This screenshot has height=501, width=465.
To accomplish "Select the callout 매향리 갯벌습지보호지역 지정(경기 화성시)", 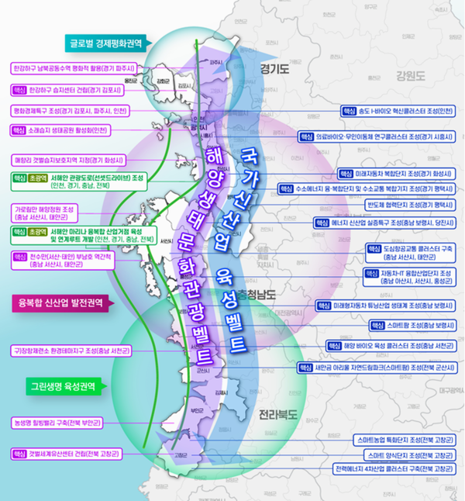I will click(x=63, y=161).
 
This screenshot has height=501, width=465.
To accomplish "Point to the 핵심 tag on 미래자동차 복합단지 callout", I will click(x=345, y=173).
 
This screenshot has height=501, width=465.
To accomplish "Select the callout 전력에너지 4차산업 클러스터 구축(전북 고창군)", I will click(x=393, y=469).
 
